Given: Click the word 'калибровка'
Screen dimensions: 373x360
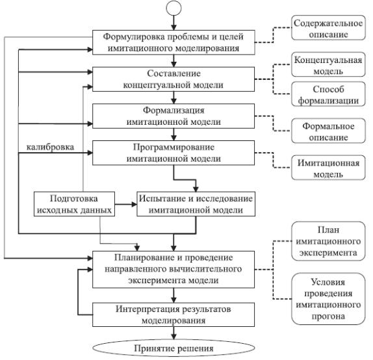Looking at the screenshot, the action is pos(50,147).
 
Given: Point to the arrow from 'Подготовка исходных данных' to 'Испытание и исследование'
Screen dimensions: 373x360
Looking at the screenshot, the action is pos(126,204).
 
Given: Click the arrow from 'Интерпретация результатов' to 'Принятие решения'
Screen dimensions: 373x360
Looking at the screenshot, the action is pos(174,333).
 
